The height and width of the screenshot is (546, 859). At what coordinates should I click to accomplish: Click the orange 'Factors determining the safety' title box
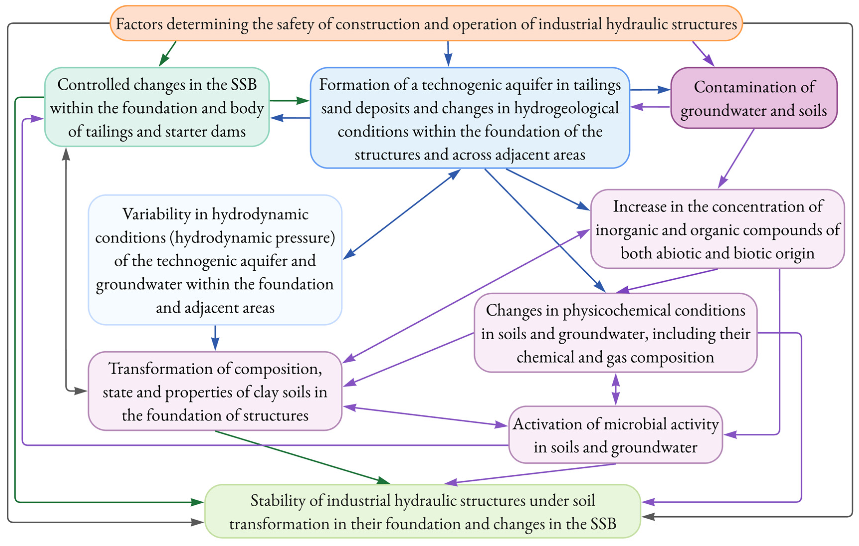[x=426, y=23]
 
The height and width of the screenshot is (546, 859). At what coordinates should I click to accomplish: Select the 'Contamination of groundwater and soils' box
[x=754, y=98]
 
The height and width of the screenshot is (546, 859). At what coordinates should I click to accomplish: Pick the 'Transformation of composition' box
[x=215, y=391]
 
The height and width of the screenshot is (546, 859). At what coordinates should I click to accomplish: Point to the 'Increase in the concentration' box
[x=717, y=229]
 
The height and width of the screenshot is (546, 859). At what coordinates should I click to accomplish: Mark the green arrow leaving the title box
[x=168, y=54]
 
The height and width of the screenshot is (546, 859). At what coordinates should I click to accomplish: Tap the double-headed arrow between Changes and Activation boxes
[x=615, y=389]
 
